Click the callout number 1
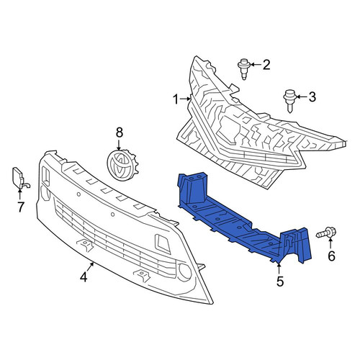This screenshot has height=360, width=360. (176, 99)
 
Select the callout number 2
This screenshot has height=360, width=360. (266, 65)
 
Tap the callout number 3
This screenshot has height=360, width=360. (312, 97)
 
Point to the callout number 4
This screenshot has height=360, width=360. (84, 277)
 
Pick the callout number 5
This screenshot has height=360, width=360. (280, 282)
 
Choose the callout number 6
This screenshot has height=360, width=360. (331, 256)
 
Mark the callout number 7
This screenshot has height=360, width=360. (21, 207)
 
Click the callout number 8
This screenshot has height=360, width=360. (120, 132)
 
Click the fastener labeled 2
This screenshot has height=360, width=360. (244, 69)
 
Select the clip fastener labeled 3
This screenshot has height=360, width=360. (289, 101)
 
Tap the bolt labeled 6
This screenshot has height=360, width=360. (326, 233)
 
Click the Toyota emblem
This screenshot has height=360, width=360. (122, 163)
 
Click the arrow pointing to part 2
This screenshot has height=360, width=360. (256, 65)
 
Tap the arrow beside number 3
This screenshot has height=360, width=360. (302, 96)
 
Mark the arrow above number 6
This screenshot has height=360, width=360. (330, 243)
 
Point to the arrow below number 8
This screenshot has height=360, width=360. (119, 145)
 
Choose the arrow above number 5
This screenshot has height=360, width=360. (279, 269)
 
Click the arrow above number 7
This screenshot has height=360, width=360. (19, 194)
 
